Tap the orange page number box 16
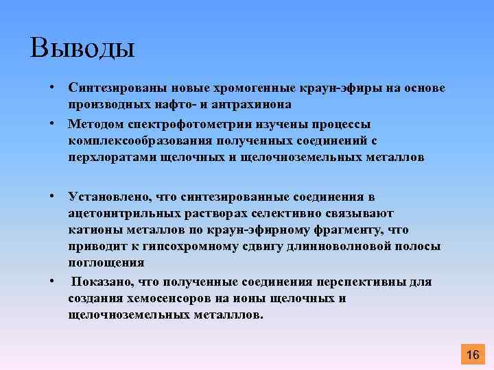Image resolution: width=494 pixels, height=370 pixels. (x=472, y=354)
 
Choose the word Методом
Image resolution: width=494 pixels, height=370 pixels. (x=94, y=124)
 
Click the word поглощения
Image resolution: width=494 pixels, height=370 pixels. (x=106, y=262)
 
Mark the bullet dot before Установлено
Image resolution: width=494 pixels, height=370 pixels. (x=51, y=197)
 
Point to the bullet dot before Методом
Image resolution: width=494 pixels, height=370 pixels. (x=51, y=124)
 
